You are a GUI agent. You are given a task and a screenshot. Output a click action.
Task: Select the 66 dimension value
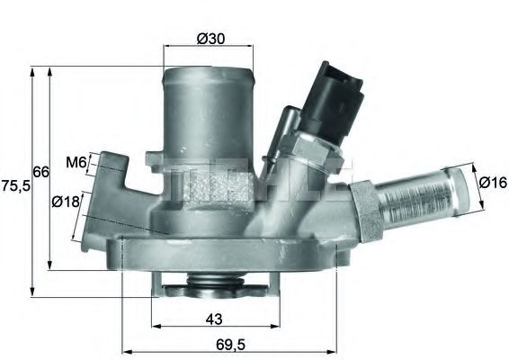pos(40,172)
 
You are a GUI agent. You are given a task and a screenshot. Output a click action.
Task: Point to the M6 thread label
pos(76,163)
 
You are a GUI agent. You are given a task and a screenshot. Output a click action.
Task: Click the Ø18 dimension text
pos(65,202)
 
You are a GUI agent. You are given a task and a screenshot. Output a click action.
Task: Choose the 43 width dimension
pos(213,319)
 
